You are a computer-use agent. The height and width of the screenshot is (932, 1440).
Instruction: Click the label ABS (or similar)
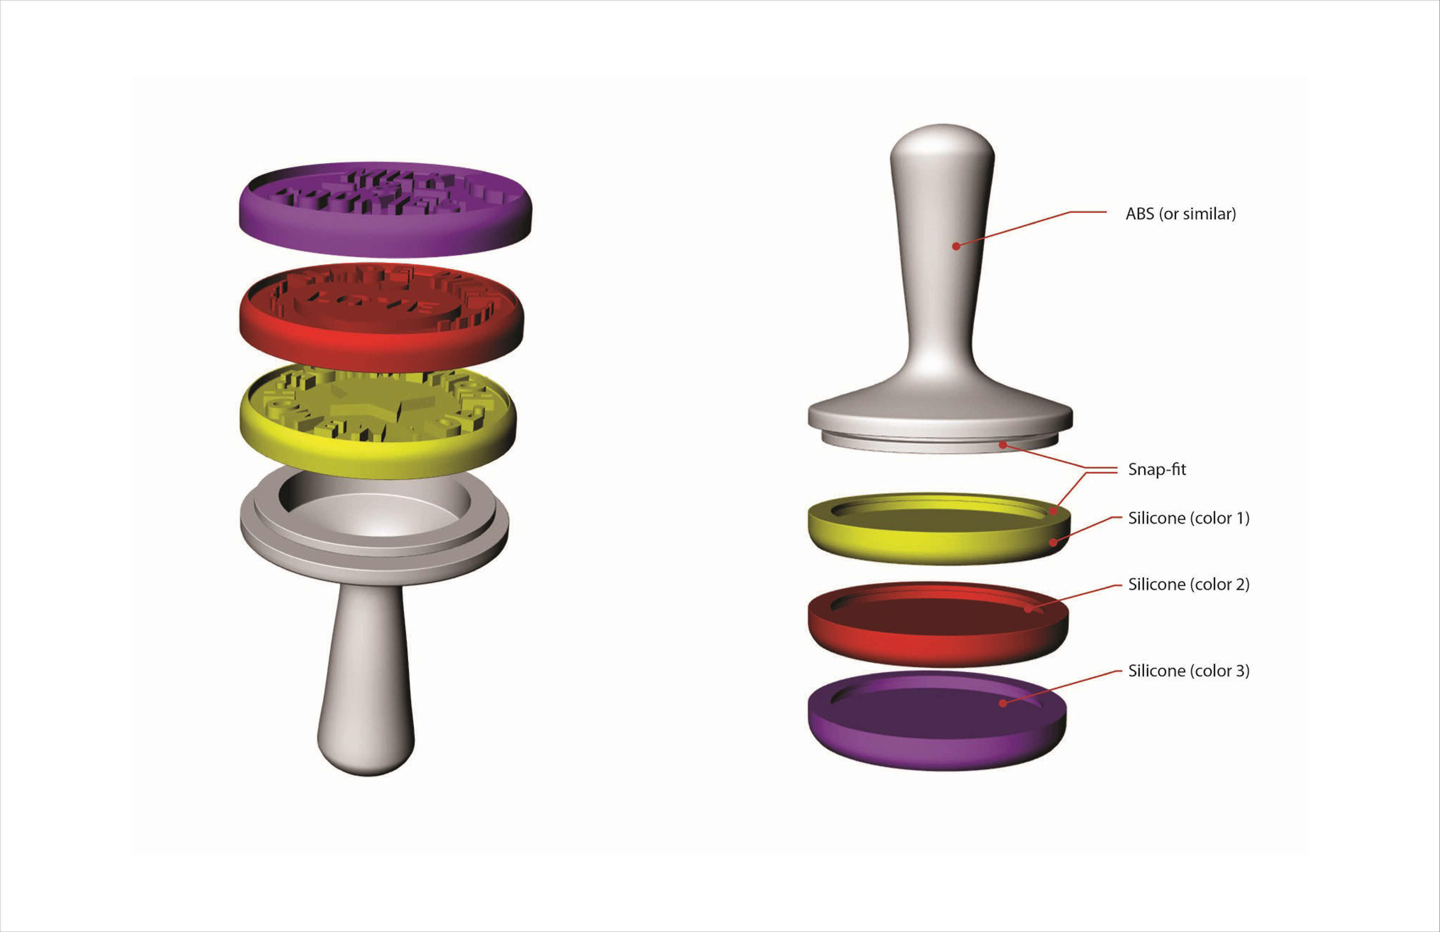coord(1180,214)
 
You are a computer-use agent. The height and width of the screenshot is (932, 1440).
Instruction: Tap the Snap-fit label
coord(1156,469)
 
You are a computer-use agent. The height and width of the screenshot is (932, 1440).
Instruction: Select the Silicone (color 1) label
coord(1188,518)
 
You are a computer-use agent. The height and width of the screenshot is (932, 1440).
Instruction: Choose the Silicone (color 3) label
coord(1188,671)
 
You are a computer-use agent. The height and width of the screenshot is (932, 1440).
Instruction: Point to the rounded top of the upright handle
coord(942,145)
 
